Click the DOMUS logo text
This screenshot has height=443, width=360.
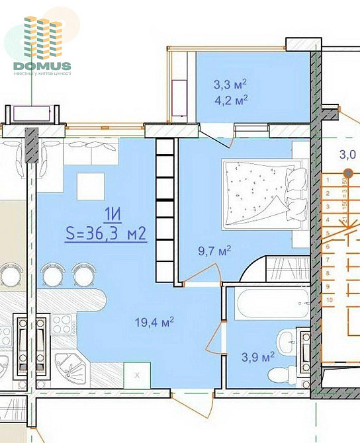(42, 65)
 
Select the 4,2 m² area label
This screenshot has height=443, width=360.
(230, 101)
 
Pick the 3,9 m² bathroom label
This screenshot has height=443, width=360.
(258, 357)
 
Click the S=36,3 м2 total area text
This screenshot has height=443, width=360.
(105, 233)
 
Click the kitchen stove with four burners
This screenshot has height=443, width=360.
(63, 326)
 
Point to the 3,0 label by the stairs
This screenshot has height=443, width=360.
(348, 156)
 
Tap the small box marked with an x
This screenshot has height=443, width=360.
(138, 374)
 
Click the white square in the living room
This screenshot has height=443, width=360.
(91, 186)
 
